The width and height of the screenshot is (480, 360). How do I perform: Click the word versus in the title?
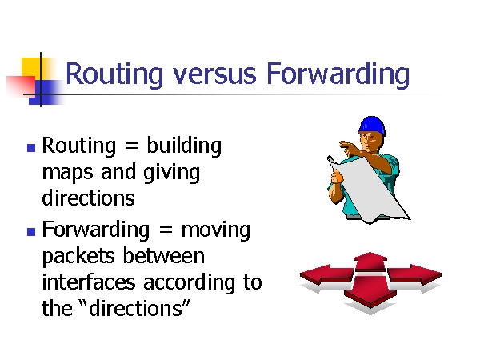coord(214,74)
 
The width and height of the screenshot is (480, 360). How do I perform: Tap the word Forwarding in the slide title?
coord(338,74)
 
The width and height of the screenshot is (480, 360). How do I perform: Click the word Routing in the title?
coord(114,74)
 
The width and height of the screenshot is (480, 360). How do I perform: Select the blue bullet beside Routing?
coord(31,148)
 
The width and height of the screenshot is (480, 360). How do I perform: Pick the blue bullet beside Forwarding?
coord(31,232)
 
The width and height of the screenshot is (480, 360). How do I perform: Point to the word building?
coord(184,146)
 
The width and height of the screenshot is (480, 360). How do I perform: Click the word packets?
coord(78,257)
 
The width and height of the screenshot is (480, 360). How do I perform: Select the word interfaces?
coord(89,282)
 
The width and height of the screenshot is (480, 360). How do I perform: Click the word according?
coord(190,283)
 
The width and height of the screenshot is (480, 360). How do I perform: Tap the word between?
coord(164,255)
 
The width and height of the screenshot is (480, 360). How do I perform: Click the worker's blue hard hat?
coord(372,125)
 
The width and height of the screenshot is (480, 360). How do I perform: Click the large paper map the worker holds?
coord(367,190)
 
